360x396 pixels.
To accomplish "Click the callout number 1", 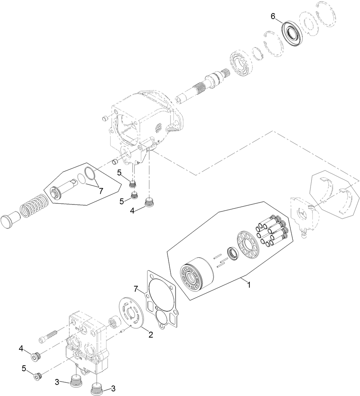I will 249,285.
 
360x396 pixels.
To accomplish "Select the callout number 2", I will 150,335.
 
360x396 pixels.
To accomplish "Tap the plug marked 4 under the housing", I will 149,202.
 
